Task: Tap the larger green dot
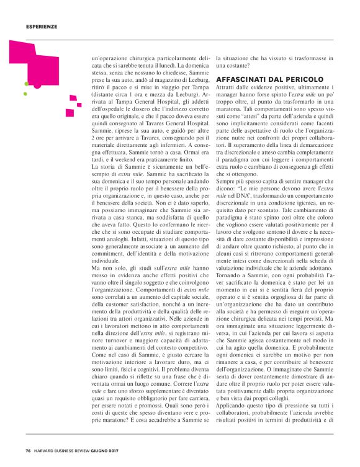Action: (x=26, y=83)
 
